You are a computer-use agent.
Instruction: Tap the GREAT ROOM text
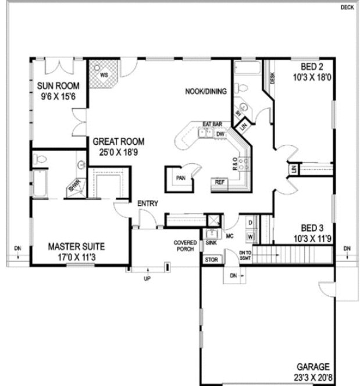119,141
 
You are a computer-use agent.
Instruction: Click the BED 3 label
311,228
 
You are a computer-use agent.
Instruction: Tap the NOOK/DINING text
205,92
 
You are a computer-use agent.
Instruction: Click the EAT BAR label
213,124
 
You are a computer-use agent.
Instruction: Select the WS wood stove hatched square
105,74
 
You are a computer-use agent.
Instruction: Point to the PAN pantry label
181,178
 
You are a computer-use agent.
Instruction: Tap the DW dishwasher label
220,134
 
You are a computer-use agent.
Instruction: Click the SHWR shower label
74,187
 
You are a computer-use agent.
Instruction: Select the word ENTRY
147,203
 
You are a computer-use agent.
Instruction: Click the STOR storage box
212,260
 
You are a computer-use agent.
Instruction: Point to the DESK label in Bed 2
272,77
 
